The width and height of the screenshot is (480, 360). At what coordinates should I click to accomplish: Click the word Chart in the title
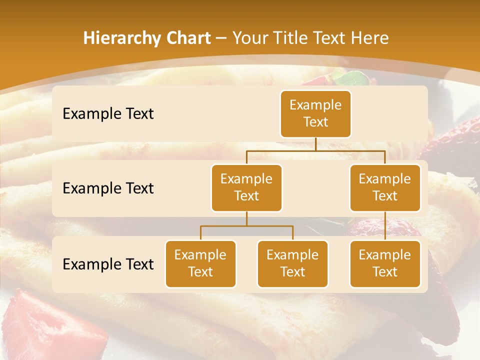pyautogui.click(x=186, y=38)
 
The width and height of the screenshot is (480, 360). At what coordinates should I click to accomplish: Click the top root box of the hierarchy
pyautogui.click(x=315, y=114)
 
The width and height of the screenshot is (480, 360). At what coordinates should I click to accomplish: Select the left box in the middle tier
pyautogui.click(x=246, y=188)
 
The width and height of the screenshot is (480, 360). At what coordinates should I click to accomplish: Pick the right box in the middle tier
pyautogui.click(x=385, y=188)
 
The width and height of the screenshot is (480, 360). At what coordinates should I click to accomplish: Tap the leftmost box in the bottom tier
pyautogui.click(x=200, y=264)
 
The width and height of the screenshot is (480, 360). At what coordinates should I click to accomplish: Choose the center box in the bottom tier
pyautogui.click(x=292, y=264)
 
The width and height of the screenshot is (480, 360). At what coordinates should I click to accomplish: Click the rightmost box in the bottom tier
pyautogui.click(x=385, y=264)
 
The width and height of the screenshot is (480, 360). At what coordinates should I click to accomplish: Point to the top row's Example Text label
pyautogui.click(x=108, y=114)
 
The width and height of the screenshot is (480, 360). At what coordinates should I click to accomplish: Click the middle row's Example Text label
pyautogui.click(x=108, y=188)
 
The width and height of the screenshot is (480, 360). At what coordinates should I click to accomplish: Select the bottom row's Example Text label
pyautogui.click(x=108, y=264)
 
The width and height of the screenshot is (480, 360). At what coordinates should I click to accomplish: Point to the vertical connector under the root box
pyautogui.click(x=315, y=144)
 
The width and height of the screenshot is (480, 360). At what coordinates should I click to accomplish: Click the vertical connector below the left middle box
pyautogui.click(x=246, y=219)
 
